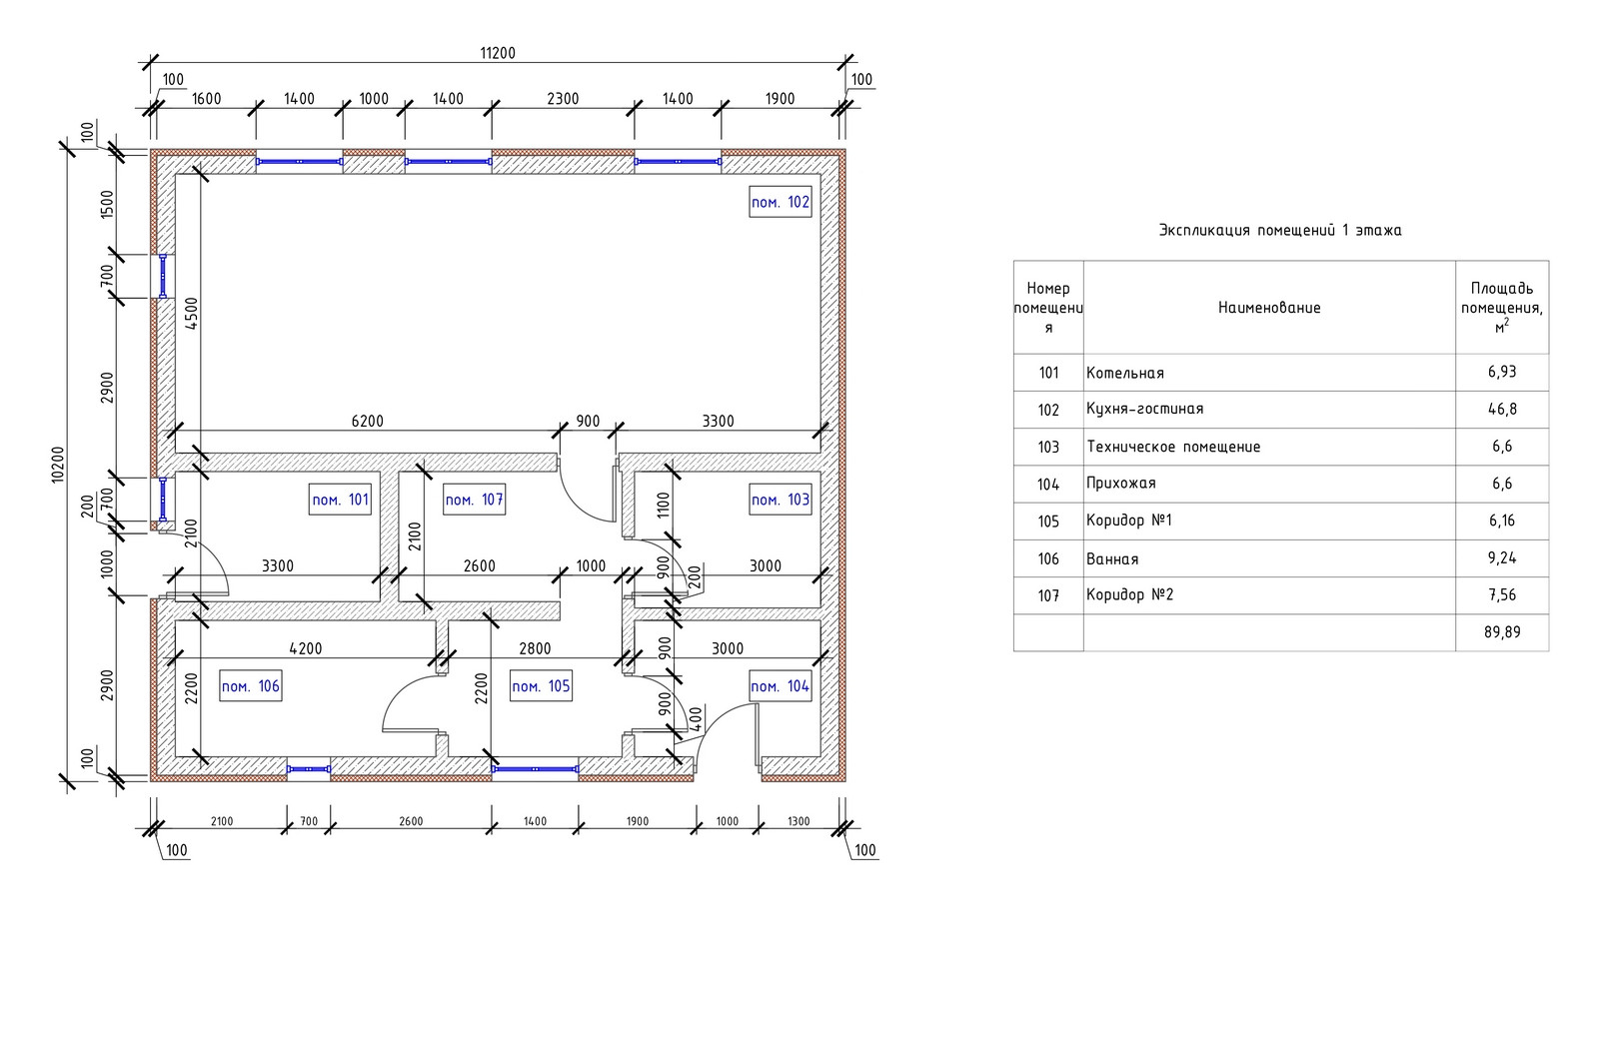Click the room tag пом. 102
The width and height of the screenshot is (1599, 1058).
[x=780, y=203]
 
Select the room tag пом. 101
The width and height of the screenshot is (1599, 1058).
[x=341, y=500]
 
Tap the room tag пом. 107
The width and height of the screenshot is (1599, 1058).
[x=474, y=500]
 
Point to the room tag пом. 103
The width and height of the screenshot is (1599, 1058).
[x=780, y=500]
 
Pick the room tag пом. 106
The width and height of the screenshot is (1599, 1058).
[x=250, y=686]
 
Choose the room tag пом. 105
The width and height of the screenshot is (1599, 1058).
[x=541, y=686]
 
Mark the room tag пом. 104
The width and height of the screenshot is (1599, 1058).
[x=780, y=686]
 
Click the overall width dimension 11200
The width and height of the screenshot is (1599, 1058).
[x=498, y=53]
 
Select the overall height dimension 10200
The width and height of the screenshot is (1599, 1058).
[x=58, y=466]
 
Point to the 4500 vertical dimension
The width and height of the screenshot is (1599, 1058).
[x=192, y=314]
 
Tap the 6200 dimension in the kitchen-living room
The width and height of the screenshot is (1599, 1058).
[x=367, y=422]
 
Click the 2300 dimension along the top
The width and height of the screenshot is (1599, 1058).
[x=563, y=99]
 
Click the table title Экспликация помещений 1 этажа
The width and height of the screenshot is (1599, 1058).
[x=1279, y=231]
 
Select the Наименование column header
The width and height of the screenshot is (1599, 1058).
[x=1268, y=308]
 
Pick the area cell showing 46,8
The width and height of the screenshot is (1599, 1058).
[x=1501, y=409]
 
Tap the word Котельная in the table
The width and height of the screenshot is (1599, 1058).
[x=1124, y=373]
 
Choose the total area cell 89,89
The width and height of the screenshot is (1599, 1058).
[x=1501, y=632]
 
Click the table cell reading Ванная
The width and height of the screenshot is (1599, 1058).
[x=1112, y=559]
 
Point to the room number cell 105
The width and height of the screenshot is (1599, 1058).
[x=1047, y=522]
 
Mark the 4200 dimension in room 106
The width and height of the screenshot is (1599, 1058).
[x=305, y=648]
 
